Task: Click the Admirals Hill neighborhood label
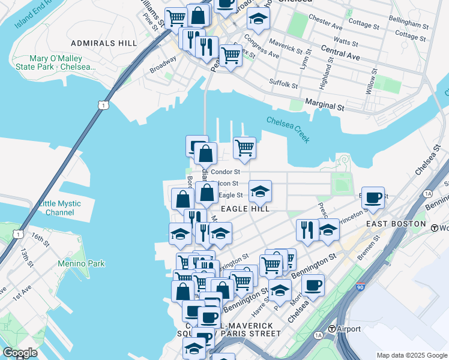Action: (104, 43)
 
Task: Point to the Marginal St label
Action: (324, 106)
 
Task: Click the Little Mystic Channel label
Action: (59, 208)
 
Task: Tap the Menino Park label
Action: (81, 263)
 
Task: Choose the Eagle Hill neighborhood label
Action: (244, 209)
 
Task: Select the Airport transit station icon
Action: (331, 329)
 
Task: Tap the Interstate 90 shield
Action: (360, 287)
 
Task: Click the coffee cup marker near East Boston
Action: (373, 197)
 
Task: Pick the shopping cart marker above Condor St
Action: (244, 147)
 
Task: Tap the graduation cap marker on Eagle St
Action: (260, 191)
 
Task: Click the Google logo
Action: (20, 352)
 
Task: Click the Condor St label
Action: (225, 172)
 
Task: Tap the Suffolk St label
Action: (283, 83)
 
